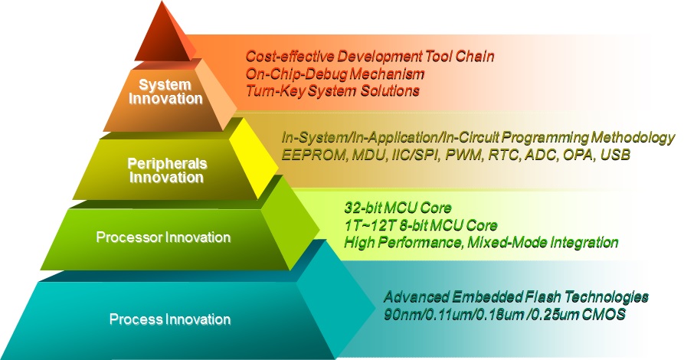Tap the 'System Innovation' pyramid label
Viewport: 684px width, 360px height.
(x=165, y=91)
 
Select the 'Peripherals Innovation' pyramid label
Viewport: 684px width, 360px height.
(x=167, y=170)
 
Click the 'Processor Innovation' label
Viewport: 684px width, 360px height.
(x=163, y=237)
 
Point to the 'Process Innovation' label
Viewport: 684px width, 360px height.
(x=170, y=319)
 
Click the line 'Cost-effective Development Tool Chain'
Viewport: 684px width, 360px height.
(x=370, y=56)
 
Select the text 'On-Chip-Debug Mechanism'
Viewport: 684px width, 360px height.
(x=335, y=74)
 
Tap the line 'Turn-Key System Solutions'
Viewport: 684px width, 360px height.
(x=332, y=90)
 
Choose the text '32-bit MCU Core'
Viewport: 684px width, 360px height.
(x=398, y=208)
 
